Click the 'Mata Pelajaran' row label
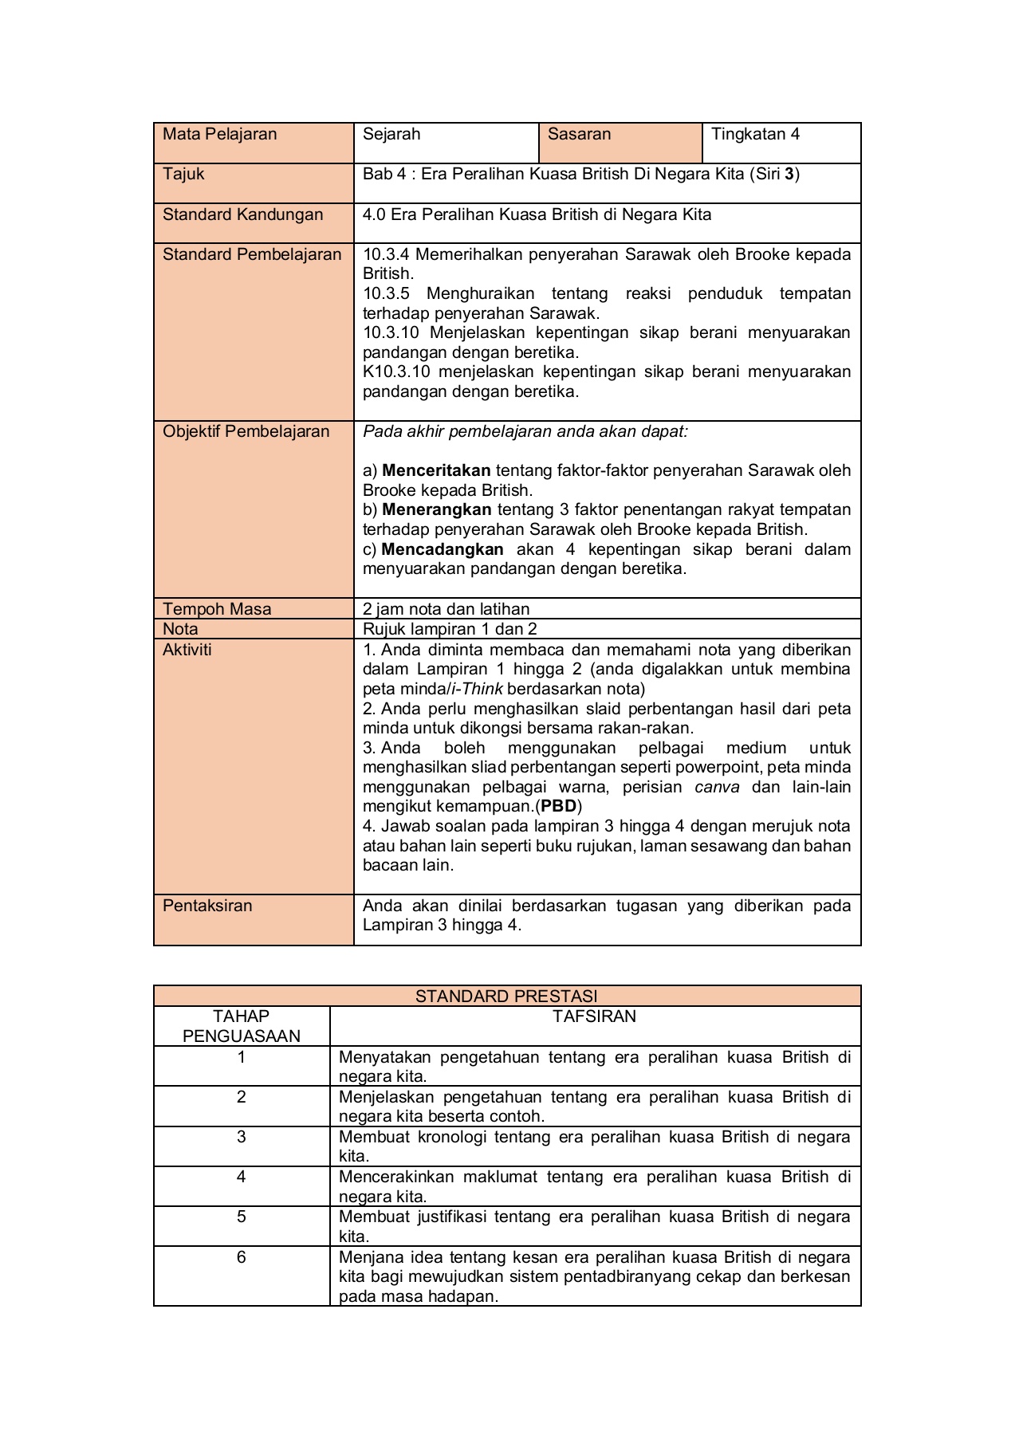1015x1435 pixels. pyautogui.click(x=219, y=134)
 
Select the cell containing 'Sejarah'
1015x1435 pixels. pyautogui.click(x=391, y=134)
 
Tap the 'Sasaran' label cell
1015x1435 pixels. pyautogui.click(x=579, y=134)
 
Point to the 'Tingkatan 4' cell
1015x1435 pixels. pyautogui.click(x=755, y=134)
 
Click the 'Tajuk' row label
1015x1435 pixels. pyautogui.click(x=183, y=174)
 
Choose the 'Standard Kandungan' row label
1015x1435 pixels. pyautogui.click(x=242, y=214)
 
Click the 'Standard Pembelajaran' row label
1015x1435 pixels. pyautogui.click(x=252, y=254)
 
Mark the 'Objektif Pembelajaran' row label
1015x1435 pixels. pyautogui.click(x=246, y=431)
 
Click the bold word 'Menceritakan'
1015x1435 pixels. pyautogui.click(x=436, y=470)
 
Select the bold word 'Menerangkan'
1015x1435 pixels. pyautogui.click(x=436, y=509)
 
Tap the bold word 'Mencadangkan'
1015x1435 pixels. pyautogui.click(x=443, y=549)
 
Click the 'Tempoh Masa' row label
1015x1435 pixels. pyautogui.click(x=217, y=609)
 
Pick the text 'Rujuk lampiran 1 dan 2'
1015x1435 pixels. pyautogui.click(x=450, y=629)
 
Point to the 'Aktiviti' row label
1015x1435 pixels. pyautogui.click(x=187, y=650)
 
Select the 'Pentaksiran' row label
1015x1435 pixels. pyautogui.click(x=207, y=906)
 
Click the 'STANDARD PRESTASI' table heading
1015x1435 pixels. pyautogui.click(x=506, y=996)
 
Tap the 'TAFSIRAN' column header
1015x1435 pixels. pyautogui.click(x=595, y=1016)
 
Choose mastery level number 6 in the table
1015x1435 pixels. pyautogui.click(x=242, y=1257)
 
